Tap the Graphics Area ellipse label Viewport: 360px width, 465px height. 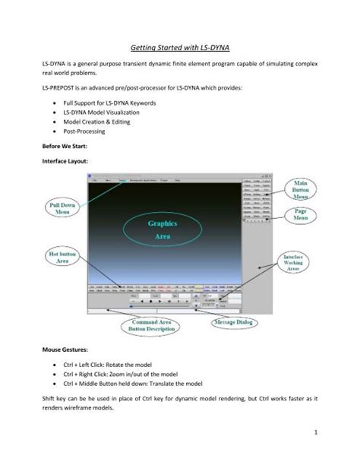tap(156, 230)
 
